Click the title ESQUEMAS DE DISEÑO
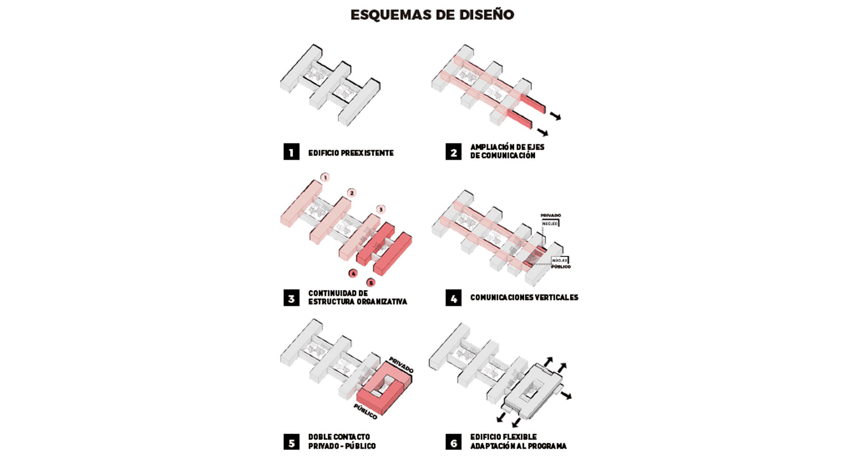pos(432,15)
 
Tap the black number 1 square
pos(291,152)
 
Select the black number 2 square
pos(453,152)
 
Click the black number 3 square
pos(291,298)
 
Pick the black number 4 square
pos(453,298)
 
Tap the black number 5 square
pos(291,442)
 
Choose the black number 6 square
pos(453,442)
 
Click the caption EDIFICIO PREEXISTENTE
pos(351,153)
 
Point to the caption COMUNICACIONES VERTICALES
pos(524,297)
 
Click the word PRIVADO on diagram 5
pos(401,365)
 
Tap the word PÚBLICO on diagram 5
pos(365,412)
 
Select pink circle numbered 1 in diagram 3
pos(325,177)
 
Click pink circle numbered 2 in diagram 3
pos(351,193)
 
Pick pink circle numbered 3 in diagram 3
pos(381,209)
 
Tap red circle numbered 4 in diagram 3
pos(353,274)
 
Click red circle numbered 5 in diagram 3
pos(371,283)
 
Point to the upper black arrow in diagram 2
pos(555,116)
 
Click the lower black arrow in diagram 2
pos(543,132)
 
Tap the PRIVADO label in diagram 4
pos(551,215)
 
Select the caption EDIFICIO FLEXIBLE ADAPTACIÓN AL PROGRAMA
pos(518,441)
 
